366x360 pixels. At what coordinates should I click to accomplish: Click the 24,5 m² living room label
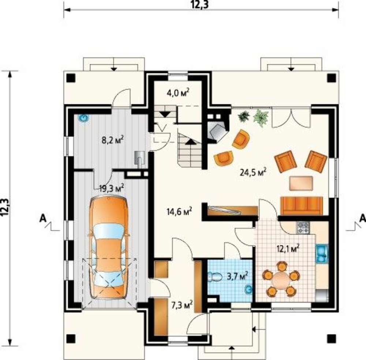(253, 172)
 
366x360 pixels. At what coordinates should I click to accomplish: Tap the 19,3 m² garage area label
(111, 188)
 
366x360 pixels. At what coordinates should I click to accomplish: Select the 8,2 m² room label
(112, 140)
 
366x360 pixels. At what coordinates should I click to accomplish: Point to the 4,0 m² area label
(178, 93)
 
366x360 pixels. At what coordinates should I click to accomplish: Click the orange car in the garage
(109, 247)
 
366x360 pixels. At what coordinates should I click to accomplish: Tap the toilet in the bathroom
(215, 277)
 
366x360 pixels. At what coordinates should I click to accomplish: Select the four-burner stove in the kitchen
(303, 228)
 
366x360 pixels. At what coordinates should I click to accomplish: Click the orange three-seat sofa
(302, 206)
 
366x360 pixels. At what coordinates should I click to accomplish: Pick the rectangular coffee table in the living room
(301, 183)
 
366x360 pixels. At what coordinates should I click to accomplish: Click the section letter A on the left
(42, 218)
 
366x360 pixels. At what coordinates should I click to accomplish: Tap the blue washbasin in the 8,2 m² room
(83, 118)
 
